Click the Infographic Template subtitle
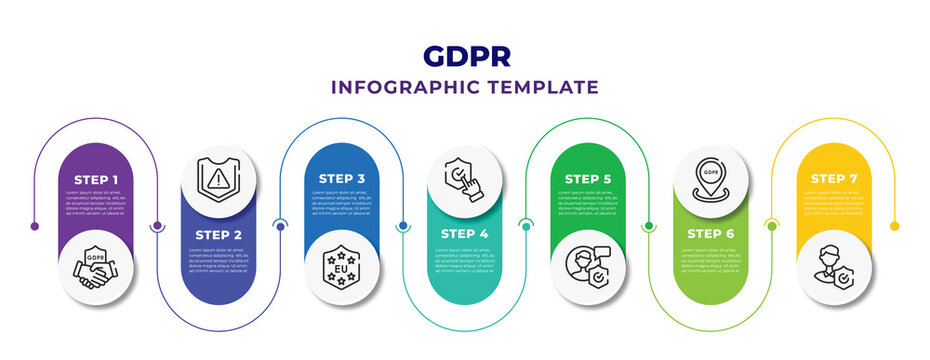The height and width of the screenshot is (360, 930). click(465, 87)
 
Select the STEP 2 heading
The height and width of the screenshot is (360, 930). click(220, 236)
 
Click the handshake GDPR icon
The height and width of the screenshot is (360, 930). click(97, 265)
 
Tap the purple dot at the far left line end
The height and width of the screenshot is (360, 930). click(34, 227)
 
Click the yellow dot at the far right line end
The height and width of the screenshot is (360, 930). click(896, 227)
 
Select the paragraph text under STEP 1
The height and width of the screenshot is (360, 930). click(97, 203)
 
